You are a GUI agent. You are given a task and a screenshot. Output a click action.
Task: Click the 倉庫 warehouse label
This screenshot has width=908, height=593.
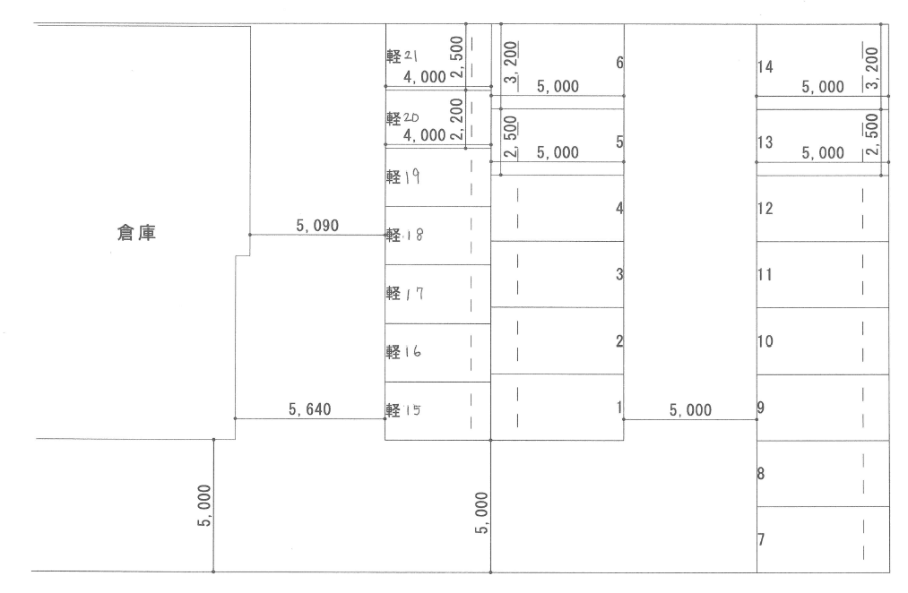[136, 233]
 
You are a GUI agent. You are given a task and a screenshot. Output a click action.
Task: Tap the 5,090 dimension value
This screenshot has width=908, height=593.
[317, 226]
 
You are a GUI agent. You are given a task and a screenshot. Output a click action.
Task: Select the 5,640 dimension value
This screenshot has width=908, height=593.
[310, 409]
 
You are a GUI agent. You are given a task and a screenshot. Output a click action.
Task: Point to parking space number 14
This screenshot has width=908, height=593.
[765, 67]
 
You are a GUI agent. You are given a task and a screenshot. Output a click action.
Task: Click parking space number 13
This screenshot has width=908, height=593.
[765, 142]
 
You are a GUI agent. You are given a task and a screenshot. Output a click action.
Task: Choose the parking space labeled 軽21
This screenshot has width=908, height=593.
[402, 56]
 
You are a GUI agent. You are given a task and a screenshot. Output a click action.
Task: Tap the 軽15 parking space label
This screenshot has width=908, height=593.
[403, 410]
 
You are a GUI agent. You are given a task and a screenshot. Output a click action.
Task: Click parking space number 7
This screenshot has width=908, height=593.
[761, 540]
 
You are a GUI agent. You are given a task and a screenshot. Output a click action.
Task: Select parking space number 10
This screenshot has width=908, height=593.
[765, 341]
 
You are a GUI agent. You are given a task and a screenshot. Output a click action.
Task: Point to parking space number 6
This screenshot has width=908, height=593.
[619, 63]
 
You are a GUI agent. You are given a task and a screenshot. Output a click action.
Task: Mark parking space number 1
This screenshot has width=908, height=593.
[619, 408]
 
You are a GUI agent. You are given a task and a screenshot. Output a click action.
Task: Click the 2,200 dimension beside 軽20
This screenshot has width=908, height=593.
[456, 118]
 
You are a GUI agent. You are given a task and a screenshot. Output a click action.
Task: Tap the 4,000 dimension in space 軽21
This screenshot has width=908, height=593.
[425, 77]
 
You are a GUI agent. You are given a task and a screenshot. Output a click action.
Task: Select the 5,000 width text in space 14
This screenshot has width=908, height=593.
[822, 88]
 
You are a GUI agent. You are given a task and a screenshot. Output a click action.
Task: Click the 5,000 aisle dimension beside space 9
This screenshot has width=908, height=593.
[690, 410]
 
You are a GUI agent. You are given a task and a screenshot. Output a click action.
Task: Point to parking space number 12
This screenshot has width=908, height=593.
[765, 209]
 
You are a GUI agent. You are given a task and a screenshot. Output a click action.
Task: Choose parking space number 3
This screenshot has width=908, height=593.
[619, 274]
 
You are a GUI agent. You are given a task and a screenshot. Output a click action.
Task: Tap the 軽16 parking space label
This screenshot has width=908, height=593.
[403, 352]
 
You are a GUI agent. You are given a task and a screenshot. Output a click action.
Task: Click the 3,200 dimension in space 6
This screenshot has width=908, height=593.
[510, 62]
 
